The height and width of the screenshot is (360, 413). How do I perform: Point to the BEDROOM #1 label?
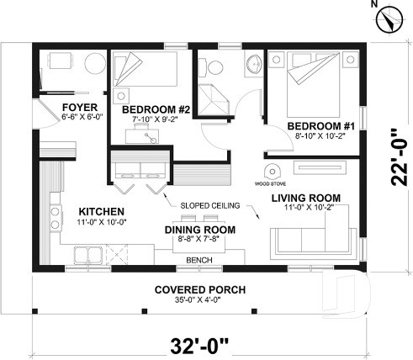click(320, 126)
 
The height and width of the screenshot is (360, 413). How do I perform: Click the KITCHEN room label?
click(102, 211)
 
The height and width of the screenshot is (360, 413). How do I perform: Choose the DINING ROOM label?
click(199, 229)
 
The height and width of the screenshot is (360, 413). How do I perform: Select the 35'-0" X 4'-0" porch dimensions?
click(200, 301)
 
